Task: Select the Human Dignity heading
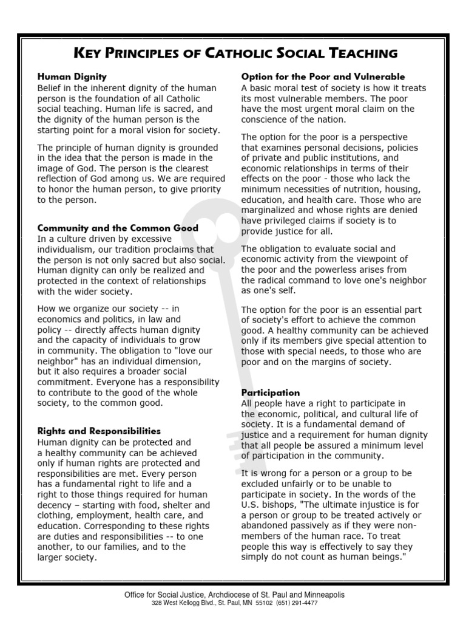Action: click(72, 77)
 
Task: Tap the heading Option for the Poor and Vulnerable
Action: click(323, 77)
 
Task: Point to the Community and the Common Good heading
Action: click(118, 228)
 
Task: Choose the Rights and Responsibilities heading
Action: click(99, 431)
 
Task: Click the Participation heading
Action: click(270, 393)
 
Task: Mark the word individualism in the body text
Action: click(66, 250)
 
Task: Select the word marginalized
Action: click(271, 210)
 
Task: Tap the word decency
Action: click(55, 505)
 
